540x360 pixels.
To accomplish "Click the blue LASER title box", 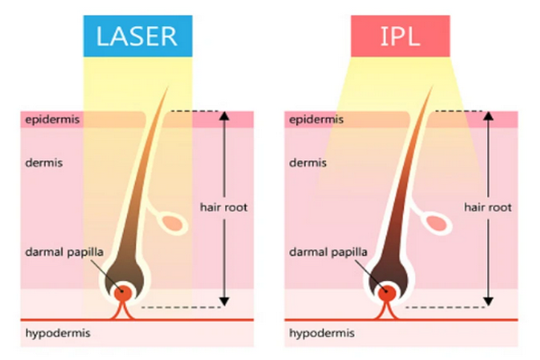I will (x=138, y=35).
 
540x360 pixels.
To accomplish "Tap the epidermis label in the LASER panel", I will (x=52, y=119).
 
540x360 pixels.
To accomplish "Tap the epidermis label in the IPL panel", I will (x=317, y=119).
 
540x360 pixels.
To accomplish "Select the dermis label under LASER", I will (x=44, y=163).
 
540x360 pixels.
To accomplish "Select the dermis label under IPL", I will (x=309, y=163).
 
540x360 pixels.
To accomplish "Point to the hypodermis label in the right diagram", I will (x=321, y=334).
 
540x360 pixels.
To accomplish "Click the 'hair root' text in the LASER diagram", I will (x=224, y=207).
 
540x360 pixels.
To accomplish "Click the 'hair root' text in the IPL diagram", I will (x=489, y=207).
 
